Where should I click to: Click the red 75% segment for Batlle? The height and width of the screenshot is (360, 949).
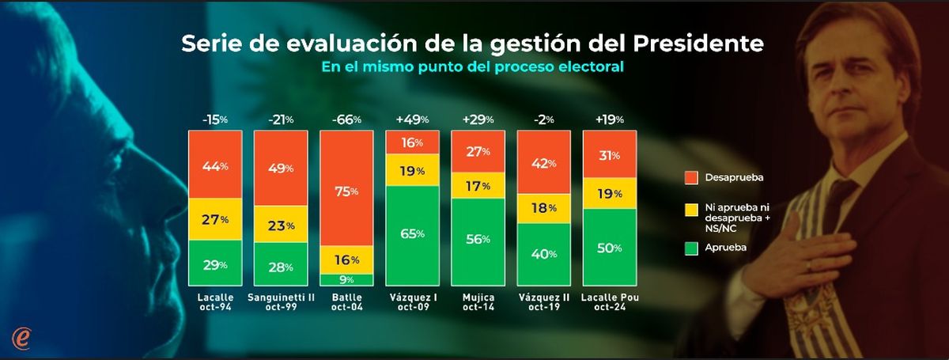(346, 190)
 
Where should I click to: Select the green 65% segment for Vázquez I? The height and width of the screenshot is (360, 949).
(411, 234)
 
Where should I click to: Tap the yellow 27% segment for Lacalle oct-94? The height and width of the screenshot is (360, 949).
(214, 219)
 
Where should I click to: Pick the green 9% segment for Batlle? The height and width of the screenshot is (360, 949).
(346, 279)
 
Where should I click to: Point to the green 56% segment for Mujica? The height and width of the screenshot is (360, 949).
(477, 241)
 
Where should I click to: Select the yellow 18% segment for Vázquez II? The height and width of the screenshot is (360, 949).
(543, 208)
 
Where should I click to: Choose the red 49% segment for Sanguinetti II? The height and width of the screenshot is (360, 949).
(280, 168)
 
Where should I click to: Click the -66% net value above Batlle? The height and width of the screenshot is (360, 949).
(346, 119)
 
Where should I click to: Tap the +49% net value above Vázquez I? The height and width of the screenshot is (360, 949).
(412, 119)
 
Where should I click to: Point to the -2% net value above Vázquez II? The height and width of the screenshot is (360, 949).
(543, 119)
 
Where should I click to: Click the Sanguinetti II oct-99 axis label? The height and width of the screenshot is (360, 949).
(280, 302)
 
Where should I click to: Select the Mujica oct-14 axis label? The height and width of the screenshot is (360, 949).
(477, 302)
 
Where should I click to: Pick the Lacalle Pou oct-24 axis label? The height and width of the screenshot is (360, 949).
(609, 302)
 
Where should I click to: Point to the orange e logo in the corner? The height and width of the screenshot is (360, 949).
(22, 337)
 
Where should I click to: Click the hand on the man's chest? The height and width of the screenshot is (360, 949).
(822, 245)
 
